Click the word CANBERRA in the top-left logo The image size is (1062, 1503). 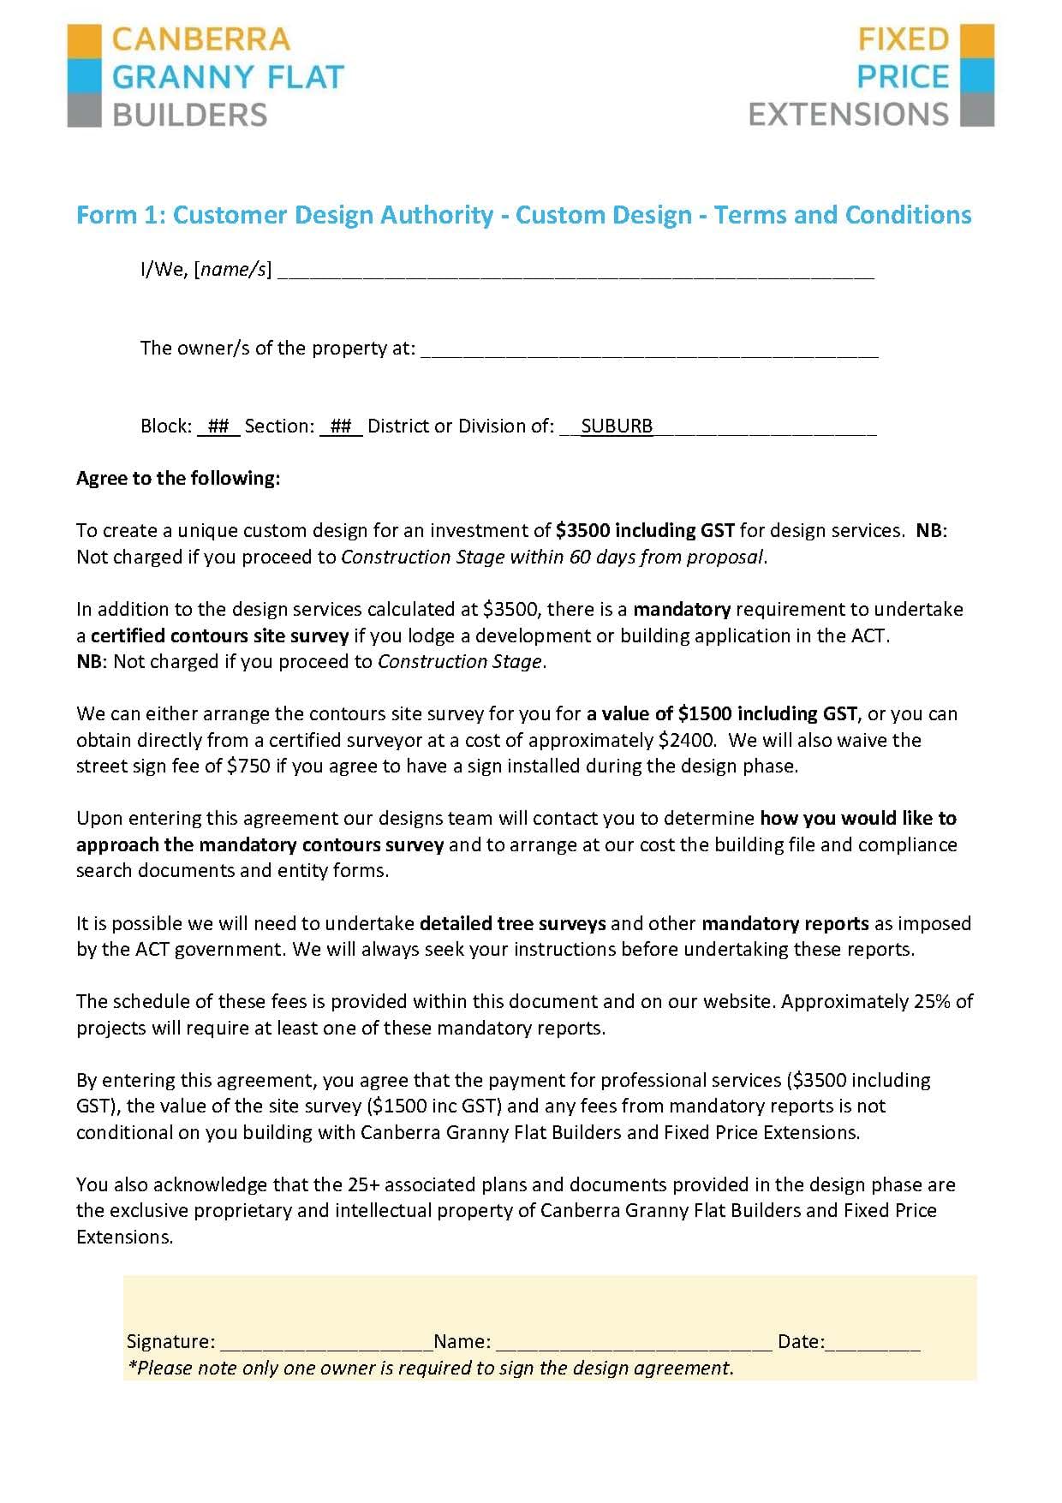pyautogui.click(x=201, y=39)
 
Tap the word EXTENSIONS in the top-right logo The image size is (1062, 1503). pyautogui.click(x=848, y=114)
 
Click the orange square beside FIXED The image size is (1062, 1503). pyautogui.click(x=977, y=40)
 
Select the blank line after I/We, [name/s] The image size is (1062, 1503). pyautogui.click(x=576, y=272)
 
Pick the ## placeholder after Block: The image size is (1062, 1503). pyautogui.click(x=218, y=426)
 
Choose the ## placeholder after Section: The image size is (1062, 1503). pyautogui.click(x=341, y=426)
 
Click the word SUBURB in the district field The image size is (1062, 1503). pyautogui.click(x=617, y=426)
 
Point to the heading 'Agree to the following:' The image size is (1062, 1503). pyautogui.click(x=178, y=478)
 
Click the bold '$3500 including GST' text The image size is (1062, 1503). pyautogui.click(x=645, y=530)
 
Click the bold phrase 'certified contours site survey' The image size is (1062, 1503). pyautogui.click(x=220, y=635)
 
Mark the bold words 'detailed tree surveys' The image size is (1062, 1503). pyautogui.click(x=513, y=923)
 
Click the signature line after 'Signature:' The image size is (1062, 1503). pyautogui.click(x=324, y=1344)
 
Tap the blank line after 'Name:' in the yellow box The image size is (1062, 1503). pyautogui.click(x=634, y=1344)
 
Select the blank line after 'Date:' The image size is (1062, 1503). pyautogui.click(x=873, y=1344)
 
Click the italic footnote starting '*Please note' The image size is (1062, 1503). pyautogui.click(x=430, y=1368)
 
